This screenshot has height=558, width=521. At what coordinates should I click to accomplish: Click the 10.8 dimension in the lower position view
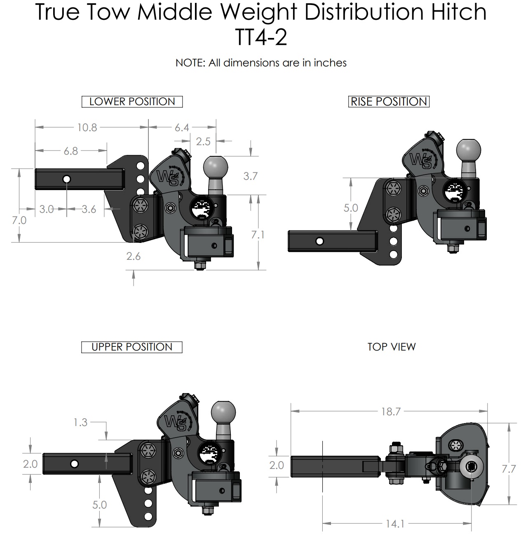click(x=87, y=127)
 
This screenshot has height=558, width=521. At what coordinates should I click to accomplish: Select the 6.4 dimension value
click(x=182, y=127)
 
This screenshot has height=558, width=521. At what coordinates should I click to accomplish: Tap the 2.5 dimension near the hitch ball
click(x=203, y=141)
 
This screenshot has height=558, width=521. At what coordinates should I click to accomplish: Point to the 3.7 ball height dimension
click(x=250, y=176)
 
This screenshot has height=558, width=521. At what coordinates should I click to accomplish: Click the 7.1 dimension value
click(x=258, y=234)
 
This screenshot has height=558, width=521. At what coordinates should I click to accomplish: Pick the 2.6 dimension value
click(x=133, y=256)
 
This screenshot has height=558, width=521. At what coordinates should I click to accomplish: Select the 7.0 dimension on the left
click(x=19, y=220)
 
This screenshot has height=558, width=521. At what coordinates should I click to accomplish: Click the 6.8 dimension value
click(x=70, y=151)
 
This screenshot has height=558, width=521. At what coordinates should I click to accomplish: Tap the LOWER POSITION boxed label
click(x=132, y=101)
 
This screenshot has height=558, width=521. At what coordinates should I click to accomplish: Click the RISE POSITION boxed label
click(x=389, y=101)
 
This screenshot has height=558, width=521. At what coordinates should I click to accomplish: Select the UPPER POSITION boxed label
click(x=132, y=347)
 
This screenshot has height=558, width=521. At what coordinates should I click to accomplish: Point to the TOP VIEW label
click(x=391, y=347)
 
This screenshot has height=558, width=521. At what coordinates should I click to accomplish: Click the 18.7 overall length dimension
click(x=390, y=412)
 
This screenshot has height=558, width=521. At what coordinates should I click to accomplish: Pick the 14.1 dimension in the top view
click(x=394, y=524)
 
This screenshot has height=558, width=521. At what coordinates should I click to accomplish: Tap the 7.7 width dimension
click(x=508, y=469)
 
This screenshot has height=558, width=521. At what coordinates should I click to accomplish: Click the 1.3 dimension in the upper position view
click(x=80, y=422)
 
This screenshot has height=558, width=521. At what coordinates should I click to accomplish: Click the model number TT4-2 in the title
click(x=260, y=38)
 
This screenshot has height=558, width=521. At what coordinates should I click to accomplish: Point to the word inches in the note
click(x=330, y=63)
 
